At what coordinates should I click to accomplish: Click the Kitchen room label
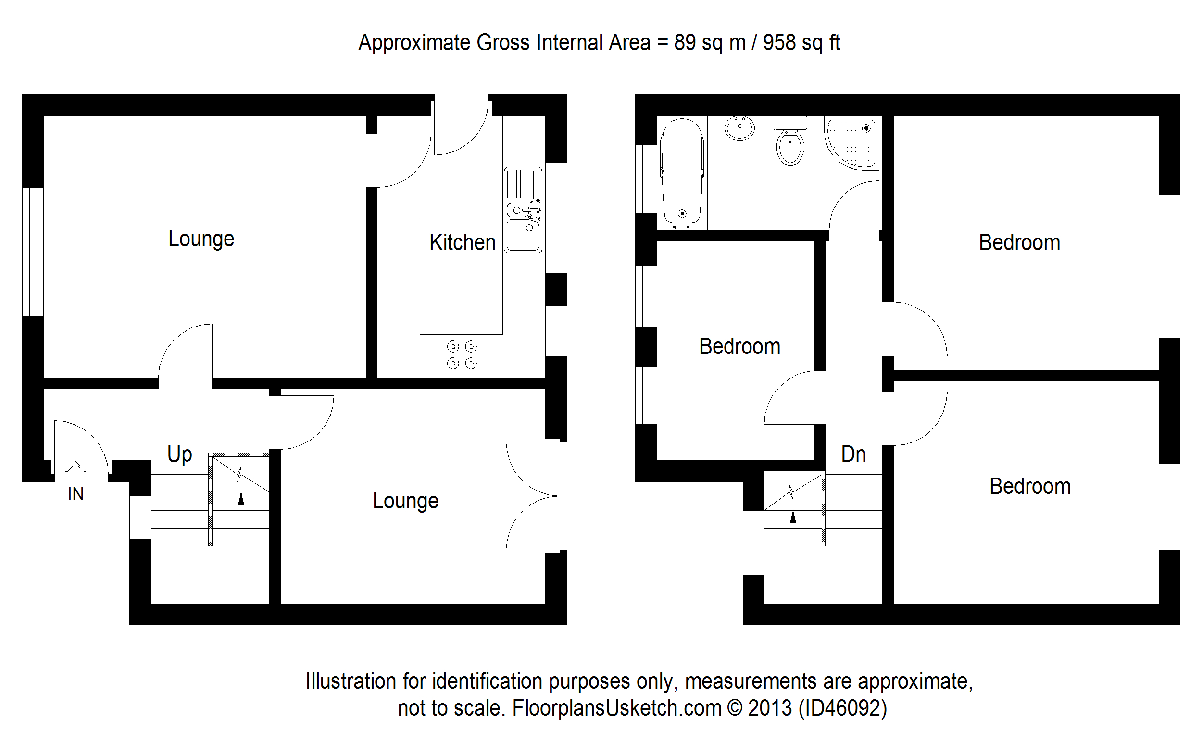click(462, 243)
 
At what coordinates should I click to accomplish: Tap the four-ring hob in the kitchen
click(462, 355)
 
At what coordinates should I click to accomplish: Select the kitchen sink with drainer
click(523, 210)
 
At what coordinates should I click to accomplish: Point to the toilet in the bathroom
click(790, 142)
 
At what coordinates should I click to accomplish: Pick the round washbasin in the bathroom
click(739, 128)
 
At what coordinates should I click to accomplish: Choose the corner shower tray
click(852, 143)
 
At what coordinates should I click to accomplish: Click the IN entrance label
click(75, 494)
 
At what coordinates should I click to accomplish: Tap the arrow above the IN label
click(75, 471)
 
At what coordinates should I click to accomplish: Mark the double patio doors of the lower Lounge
click(533, 496)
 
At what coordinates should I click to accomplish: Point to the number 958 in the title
click(779, 43)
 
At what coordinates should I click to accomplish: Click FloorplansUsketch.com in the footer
click(617, 708)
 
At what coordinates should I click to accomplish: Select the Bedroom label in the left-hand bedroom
click(739, 346)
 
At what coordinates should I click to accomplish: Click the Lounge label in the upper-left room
click(201, 239)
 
